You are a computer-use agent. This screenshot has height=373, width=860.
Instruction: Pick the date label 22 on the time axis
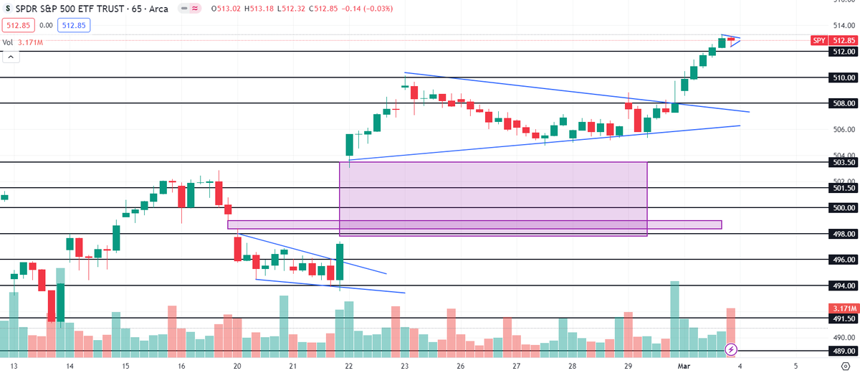(348, 365)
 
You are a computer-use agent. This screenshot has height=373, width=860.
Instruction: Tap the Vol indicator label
(8, 42)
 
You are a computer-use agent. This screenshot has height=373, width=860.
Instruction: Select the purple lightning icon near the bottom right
(731, 349)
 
